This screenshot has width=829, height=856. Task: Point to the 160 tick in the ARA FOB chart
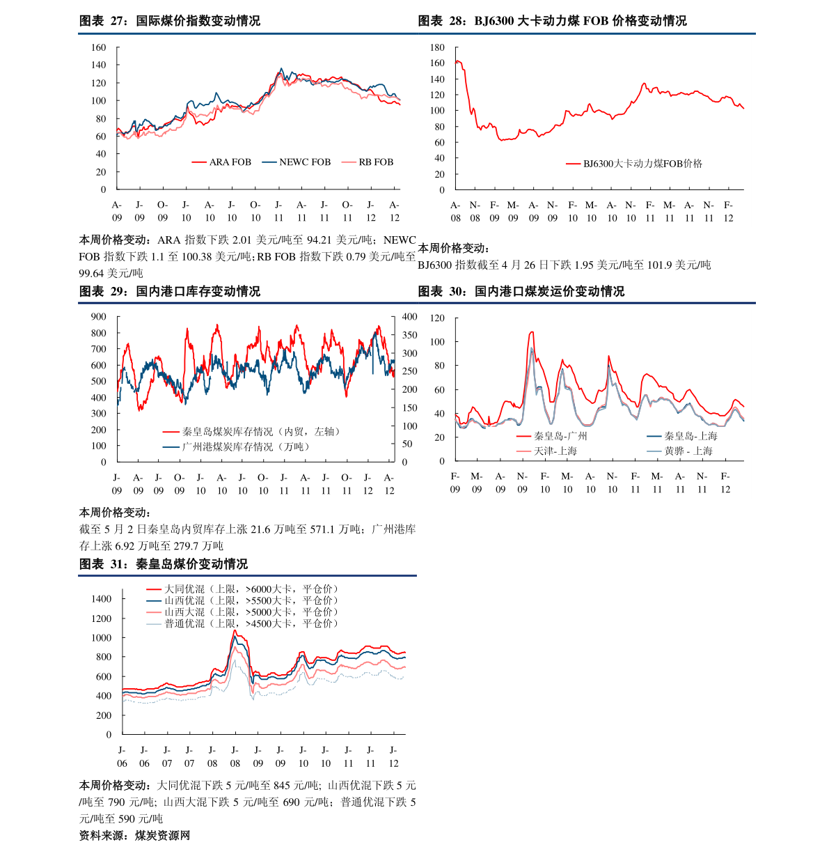99,47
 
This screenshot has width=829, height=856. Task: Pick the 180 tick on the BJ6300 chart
437,47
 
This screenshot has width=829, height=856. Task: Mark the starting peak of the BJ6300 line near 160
457,61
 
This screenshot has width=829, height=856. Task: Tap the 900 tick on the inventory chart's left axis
99,317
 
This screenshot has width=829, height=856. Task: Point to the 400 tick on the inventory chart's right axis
409,317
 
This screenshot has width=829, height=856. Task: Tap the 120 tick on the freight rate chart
437,318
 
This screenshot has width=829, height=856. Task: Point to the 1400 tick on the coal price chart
102,599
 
